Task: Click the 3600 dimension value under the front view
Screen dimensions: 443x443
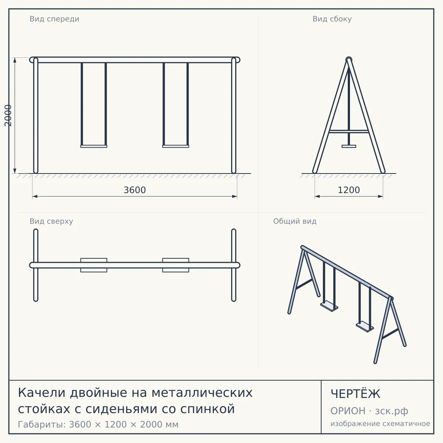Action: point(135,190)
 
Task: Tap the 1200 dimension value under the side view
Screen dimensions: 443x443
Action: point(349,190)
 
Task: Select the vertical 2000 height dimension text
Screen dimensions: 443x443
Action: point(8,116)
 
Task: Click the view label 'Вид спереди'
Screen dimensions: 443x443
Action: point(55,19)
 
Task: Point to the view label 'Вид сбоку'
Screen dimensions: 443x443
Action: point(332,19)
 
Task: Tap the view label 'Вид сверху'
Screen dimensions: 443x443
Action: point(51,221)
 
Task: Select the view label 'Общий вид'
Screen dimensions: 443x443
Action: point(295,221)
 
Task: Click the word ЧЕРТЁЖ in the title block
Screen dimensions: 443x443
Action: point(356,394)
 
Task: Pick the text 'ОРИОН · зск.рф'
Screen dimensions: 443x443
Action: point(369,411)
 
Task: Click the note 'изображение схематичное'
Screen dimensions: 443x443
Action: point(380,423)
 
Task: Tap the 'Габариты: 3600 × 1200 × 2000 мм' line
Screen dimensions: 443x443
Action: point(98,425)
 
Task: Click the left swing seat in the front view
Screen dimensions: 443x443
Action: point(94,146)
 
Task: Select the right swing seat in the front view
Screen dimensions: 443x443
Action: point(176,146)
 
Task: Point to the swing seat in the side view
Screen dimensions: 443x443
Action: point(349,146)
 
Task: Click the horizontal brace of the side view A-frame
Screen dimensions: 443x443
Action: point(349,131)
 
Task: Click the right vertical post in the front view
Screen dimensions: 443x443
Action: point(234,116)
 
